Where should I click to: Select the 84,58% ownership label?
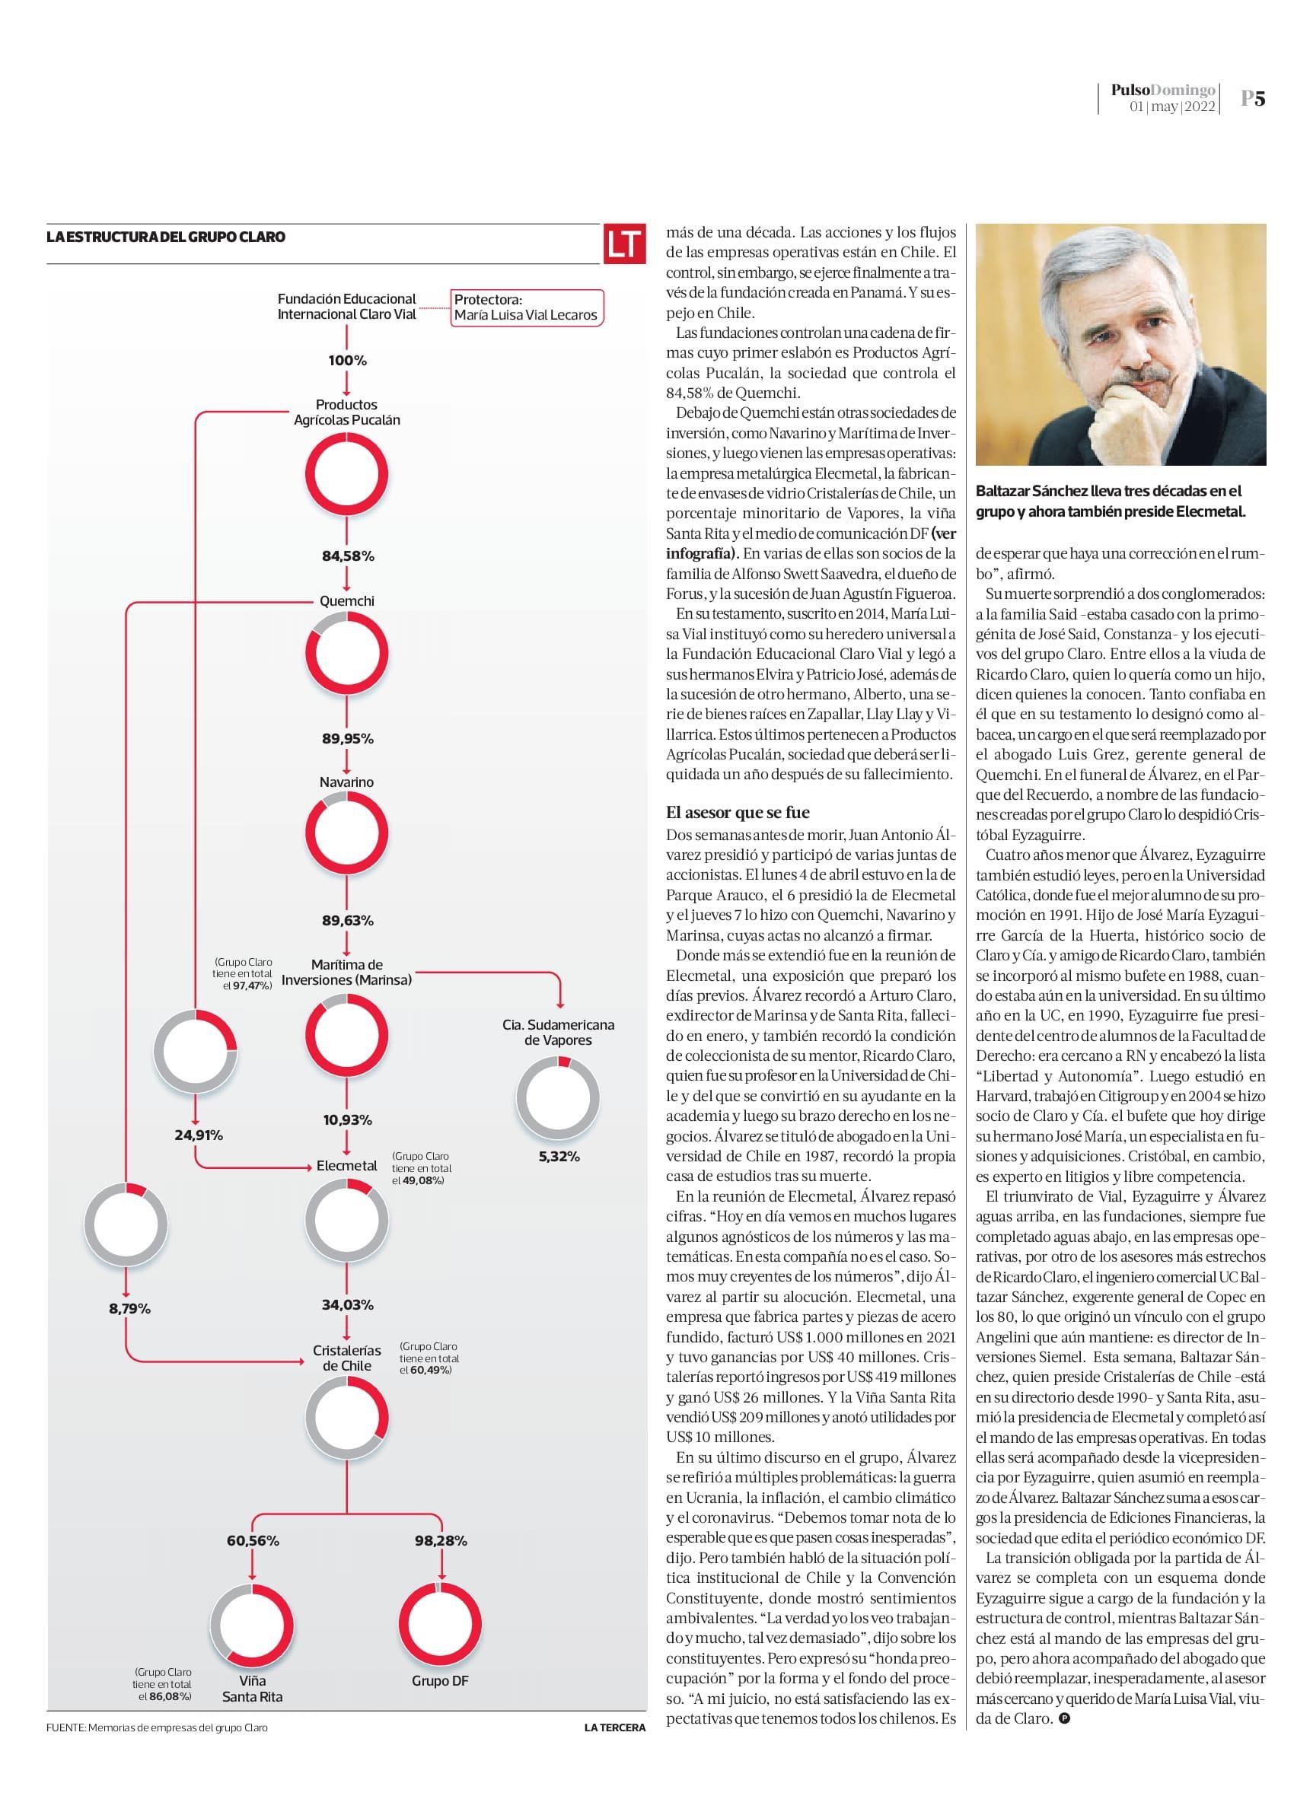[347, 556]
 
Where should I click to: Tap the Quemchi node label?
[346, 601]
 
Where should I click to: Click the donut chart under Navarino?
[346, 833]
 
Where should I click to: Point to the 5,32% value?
[559, 1157]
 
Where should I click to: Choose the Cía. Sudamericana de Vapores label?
[558, 1033]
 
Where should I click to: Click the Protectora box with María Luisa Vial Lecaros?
[525, 307]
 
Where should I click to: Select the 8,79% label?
[129, 1308]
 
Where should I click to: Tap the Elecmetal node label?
[346, 1166]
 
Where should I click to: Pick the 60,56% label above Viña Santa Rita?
[252, 1540]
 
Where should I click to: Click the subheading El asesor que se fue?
[738, 812]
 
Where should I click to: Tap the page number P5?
[1253, 98]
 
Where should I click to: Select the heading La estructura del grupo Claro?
[166, 237]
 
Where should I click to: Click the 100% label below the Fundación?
[347, 361]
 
